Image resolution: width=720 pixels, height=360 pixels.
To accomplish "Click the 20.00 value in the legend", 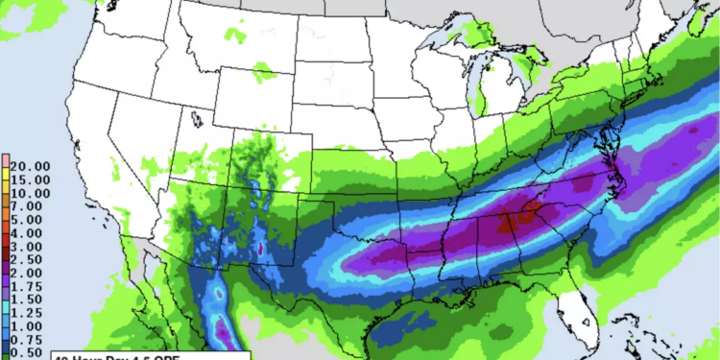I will tap(30, 165).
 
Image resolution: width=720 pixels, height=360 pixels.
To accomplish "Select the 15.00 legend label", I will tap(30, 179).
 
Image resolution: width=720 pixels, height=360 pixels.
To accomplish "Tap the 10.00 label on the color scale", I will tap(30, 192).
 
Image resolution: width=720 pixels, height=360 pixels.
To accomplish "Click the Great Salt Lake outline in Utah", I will tap(196, 120).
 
